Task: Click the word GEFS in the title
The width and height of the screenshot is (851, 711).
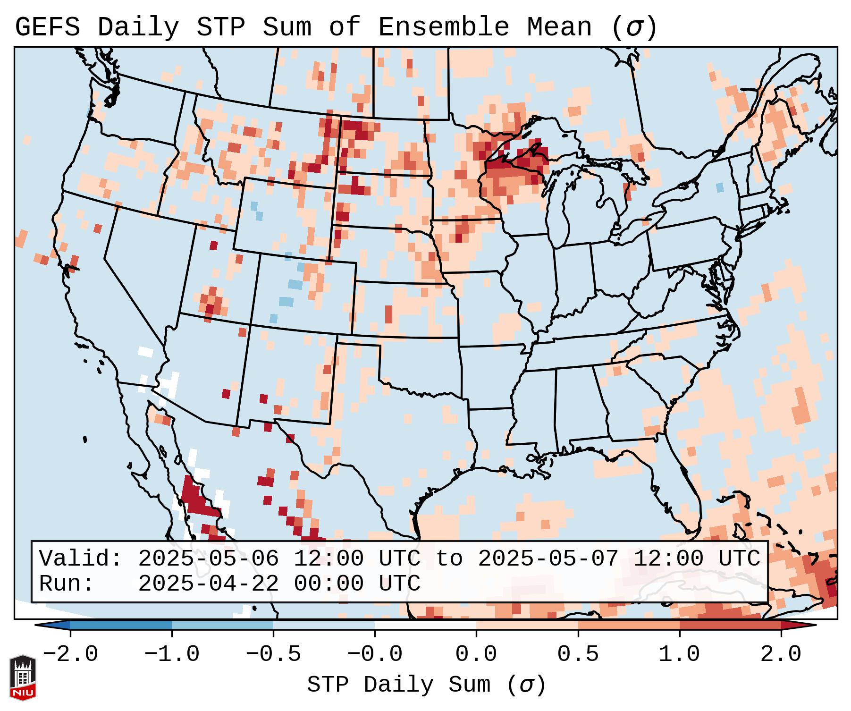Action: (48, 27)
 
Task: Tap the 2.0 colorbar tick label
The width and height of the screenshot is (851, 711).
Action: (781, 654)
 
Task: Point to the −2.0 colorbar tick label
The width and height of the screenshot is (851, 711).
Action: (70, 654)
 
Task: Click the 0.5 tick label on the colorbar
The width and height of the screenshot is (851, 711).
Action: (578, 654)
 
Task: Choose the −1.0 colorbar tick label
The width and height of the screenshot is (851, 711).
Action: (172, 654)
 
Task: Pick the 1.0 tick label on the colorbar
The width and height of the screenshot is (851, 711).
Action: (679, 654)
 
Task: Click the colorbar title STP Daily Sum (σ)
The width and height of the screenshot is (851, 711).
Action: (426, 685)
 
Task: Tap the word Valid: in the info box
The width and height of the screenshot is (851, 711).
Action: (81, 559)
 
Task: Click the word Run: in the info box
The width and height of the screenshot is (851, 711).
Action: (67, 584)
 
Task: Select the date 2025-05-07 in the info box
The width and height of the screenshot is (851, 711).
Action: (548, 559)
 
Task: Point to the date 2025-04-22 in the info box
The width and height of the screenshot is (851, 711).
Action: (208, 584)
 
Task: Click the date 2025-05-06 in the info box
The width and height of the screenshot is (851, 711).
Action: (208, 559)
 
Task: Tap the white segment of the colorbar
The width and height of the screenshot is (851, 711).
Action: (425, 625)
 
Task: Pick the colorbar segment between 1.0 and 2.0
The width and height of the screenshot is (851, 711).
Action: (730, 625)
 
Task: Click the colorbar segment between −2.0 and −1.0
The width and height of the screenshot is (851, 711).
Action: (121, 625)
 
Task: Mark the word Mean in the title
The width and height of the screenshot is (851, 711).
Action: (559, 27)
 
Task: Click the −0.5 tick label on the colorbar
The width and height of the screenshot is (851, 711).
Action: (273, 654)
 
